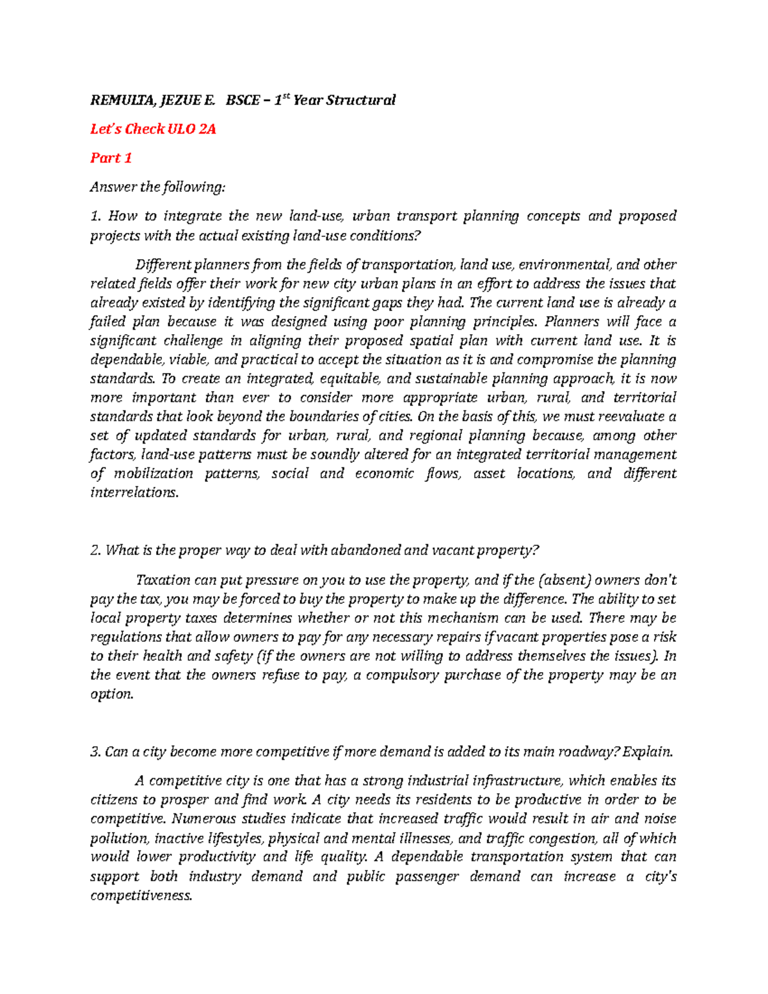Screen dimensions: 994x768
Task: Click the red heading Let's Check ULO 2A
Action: pyautogui.click(x=153, y=129)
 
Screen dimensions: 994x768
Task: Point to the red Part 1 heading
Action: pyautogui.click(x=111, y=158)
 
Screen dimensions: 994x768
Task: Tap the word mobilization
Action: pyautogui.click(x=154, y=474)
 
